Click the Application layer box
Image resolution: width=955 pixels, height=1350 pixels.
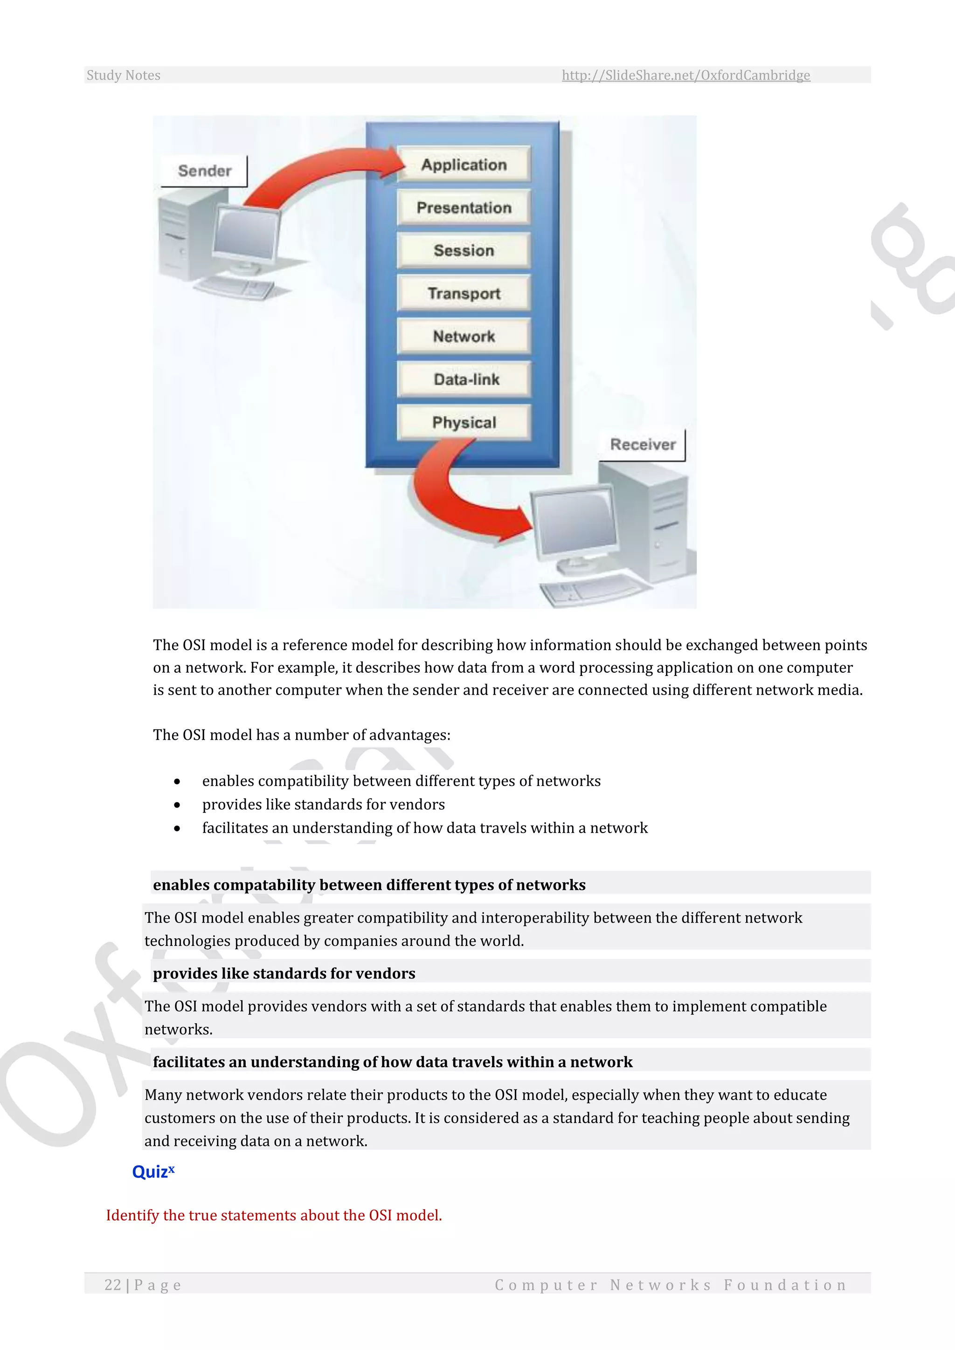(x=464, y=164)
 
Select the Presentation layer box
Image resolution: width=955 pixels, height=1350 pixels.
(x=464, y=207)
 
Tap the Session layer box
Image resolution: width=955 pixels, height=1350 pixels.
(x=464, y=250)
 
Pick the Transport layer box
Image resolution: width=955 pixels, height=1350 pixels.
(x=464, y=293)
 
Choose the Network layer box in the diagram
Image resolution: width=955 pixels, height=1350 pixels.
(x=464, y=336)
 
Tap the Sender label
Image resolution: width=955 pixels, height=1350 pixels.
(x=204, y=171)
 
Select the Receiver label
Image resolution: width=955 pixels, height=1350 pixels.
(x=643, y=445)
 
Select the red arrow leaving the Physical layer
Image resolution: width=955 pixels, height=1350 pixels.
(x=459, y=500)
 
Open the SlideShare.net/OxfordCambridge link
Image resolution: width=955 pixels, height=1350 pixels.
(x=685, y=75)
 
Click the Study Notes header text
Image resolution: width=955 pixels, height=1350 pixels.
(x=124, y=75)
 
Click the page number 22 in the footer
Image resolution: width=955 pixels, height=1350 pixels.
(x=112, y=1285)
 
